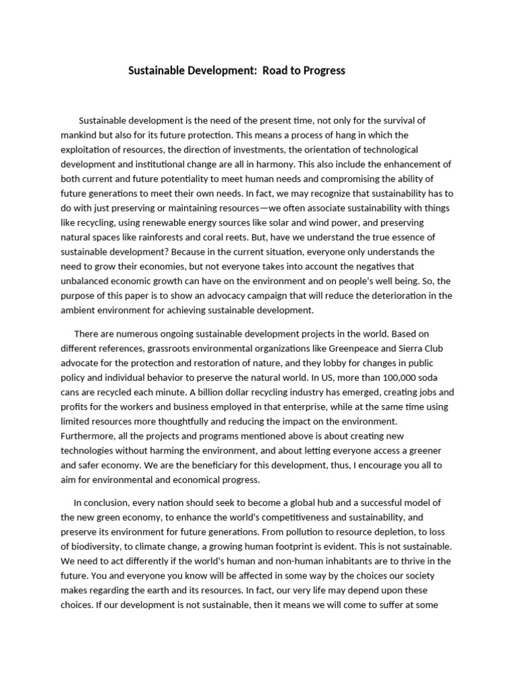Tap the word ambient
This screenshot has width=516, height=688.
80,310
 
